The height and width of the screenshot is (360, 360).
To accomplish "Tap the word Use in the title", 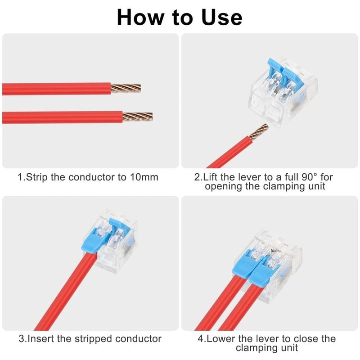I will [x=219, y=17].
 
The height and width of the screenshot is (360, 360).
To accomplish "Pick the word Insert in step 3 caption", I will [x=42, y=338].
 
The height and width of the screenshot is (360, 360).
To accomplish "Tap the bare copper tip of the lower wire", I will [x=137, y=117].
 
